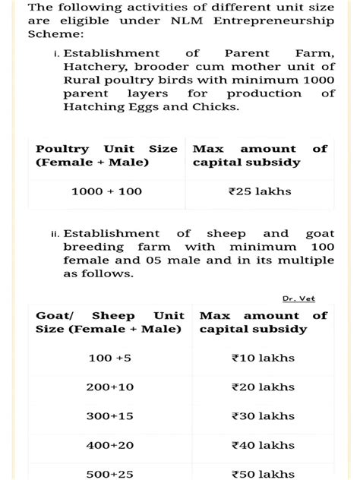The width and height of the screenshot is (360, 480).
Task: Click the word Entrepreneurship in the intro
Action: pyautogui.click(x=286, y=21)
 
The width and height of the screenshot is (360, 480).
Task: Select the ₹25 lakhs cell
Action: pyautogui.click(x=260, y=191)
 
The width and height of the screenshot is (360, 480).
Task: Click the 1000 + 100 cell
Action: pyautogui.click(x=106, y=191)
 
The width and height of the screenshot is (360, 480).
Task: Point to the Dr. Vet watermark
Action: pyautogui.click(x=298, y=298)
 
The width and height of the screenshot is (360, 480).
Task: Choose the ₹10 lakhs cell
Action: pyautogui.click(x=262, y=358)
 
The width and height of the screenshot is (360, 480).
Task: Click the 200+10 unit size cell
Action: pyautogui.click(x=110, y=387)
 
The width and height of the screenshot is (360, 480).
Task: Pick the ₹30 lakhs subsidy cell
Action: pyautogui.click(x=262, y=415)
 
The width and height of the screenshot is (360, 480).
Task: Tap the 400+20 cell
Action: pyautogui.click(x=110, y=444)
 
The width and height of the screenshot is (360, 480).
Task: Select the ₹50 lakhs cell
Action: pyautogui.click(x=262, y=473)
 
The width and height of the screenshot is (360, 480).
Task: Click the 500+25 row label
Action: pyautogui.click(x=110, y=473)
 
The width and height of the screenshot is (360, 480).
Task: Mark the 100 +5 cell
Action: pyautogui.click(x=110, y=358)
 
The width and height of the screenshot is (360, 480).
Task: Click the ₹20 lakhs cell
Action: pyautogui.click(x=262, y=387)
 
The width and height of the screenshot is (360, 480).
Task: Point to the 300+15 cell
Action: pyautogui.click(x=110, y=415)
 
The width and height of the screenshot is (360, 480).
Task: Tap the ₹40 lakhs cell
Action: pyautogui.click(x=262, y=444)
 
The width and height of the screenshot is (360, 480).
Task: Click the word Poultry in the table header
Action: pyautogui.click(x=62, y=149)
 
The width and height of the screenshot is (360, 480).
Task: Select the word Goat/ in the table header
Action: pyautogui.click(x=52, y=315)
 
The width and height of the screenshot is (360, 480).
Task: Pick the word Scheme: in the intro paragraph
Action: pyautogui.click(x=55, y=34)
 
